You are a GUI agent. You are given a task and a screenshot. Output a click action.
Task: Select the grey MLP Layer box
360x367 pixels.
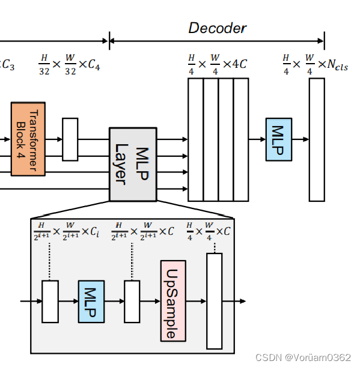(132, 164)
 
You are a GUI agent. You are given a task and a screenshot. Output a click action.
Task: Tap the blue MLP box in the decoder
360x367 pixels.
(278, 139)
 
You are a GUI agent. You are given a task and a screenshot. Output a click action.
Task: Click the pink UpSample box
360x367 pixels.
(172, 301)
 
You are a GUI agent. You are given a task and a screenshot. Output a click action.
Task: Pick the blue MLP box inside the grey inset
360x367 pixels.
(91, 302)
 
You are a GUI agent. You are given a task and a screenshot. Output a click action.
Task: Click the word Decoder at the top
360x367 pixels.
(217, 28)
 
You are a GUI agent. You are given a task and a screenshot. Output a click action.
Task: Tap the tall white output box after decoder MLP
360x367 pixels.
(317, 139)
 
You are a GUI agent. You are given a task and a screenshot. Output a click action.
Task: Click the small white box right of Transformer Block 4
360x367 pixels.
(70, 139)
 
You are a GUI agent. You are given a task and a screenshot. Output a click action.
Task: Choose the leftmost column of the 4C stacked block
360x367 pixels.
(195, 139)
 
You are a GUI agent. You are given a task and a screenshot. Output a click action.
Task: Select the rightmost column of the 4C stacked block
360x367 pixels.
(241, 139)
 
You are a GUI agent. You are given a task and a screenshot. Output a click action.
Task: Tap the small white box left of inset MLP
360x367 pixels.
(50, 302)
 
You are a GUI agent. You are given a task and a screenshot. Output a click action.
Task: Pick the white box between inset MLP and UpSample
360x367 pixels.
(132, 302)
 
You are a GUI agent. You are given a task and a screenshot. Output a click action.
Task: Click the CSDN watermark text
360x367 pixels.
(303, 357)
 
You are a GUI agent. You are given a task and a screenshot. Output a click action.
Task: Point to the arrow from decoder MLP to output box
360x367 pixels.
(300, 139)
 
